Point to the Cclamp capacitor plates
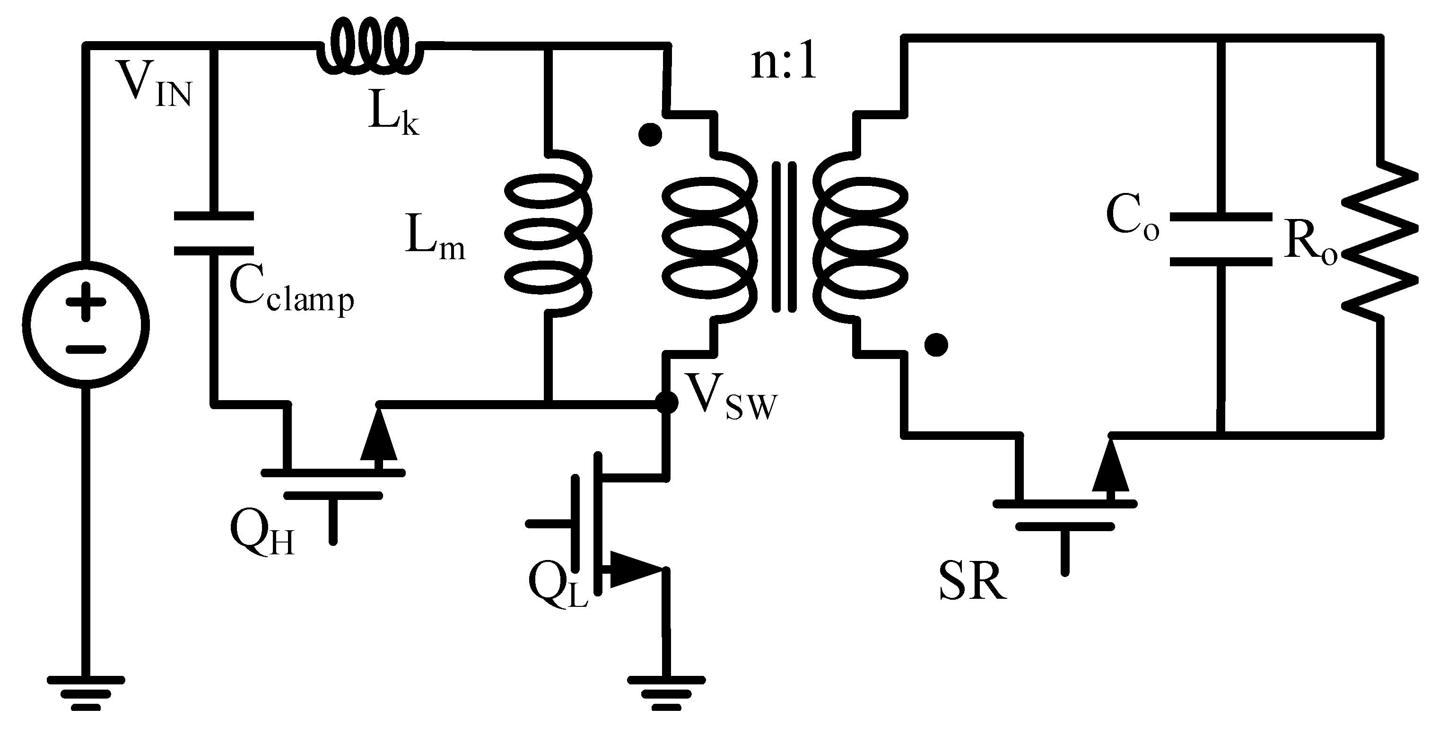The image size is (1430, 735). click(214, 233)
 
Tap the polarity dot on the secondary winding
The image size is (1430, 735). click(936, 345)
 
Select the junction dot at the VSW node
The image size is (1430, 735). click(666, 402)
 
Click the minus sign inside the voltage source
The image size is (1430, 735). click(86, 350)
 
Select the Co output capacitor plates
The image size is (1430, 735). click(1221, 239)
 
